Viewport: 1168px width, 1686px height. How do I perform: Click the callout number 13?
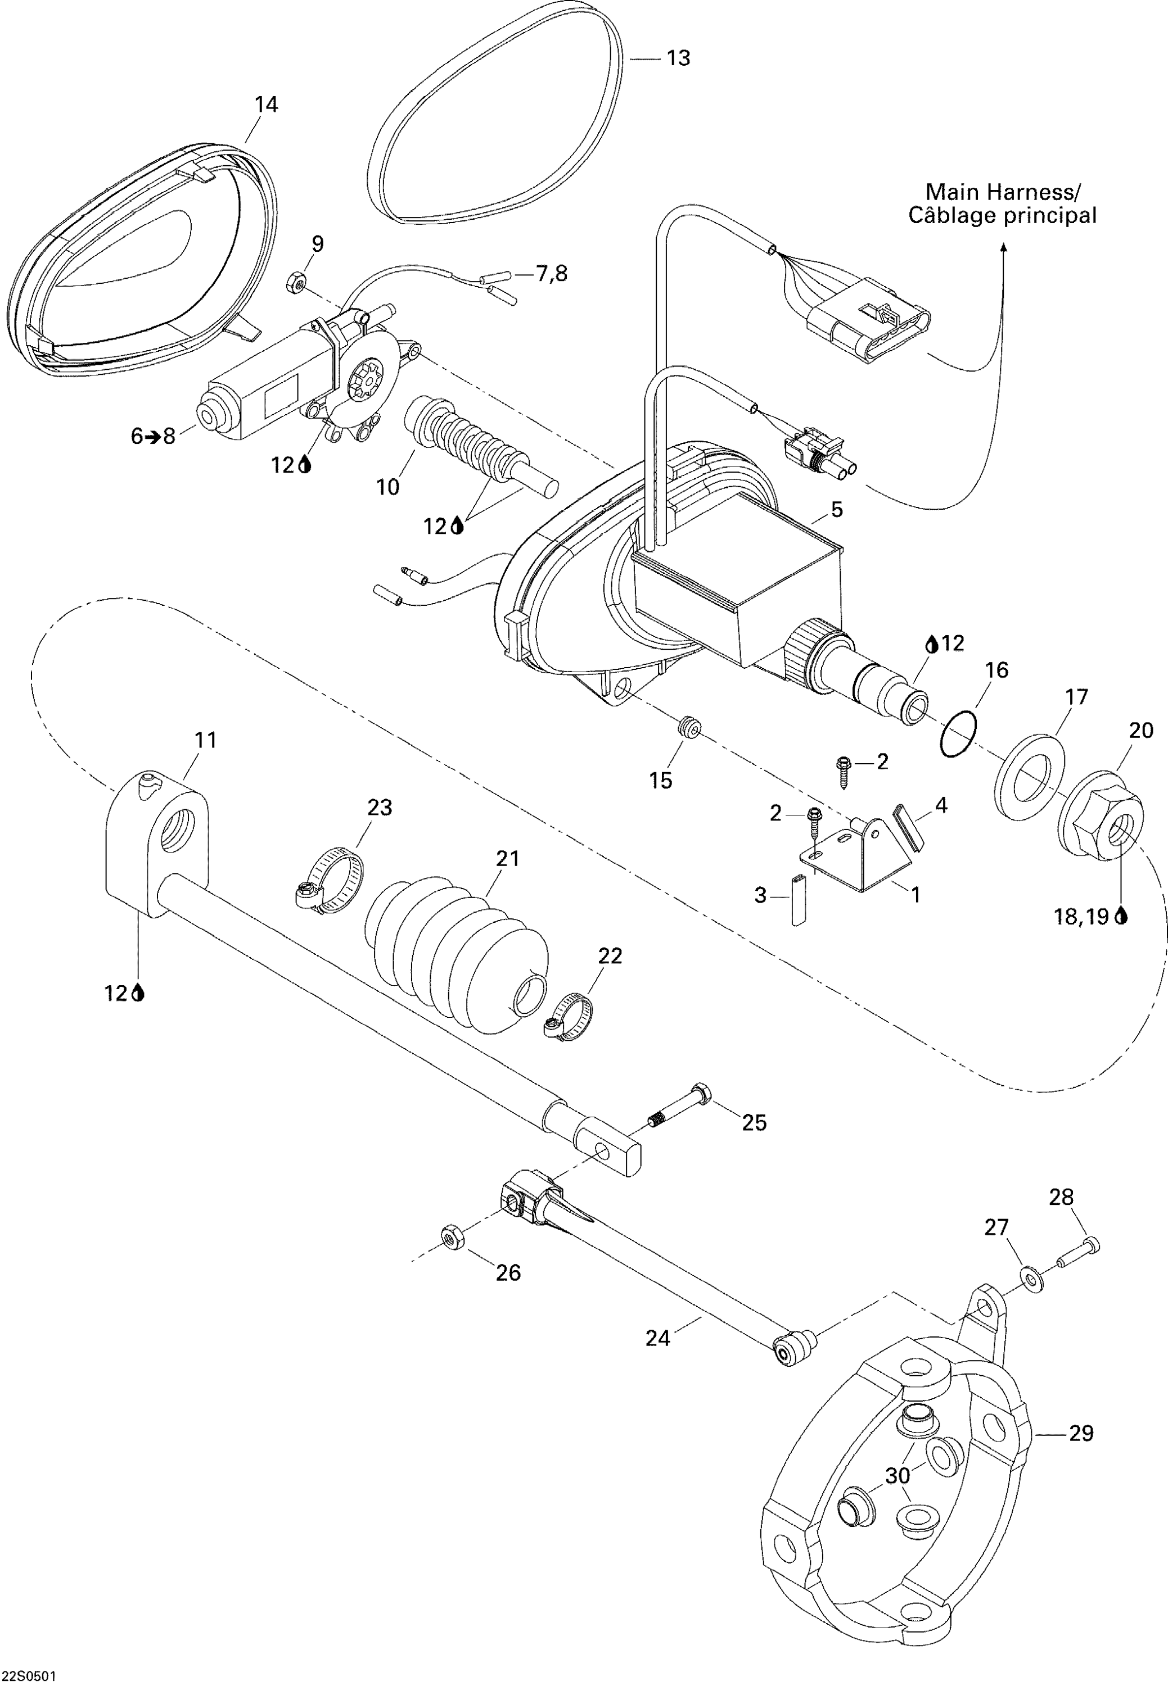coord(678,58)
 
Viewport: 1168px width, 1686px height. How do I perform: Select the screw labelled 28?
coord(1078,1252)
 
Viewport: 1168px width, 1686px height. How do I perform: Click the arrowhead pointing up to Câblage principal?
coord(1003,249)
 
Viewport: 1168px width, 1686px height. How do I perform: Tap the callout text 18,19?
coord(1081,917)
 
